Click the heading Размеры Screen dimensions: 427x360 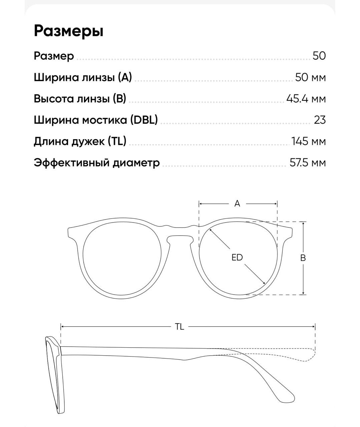[x=69, y=31]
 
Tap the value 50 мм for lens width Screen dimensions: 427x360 [x=310, y=77]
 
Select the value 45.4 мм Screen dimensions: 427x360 [x=306, y=99]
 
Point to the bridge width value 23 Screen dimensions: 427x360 [x=320, y=120]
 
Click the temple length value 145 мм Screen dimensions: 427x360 [x=308, y=141]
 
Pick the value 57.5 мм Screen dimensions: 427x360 [x=307, y=163]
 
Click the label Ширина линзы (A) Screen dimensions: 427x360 [x=83, y=77]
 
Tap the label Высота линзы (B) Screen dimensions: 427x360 [x=80, y=99]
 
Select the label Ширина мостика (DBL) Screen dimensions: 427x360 [x=96, y=120]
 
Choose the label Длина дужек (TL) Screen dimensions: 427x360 [x=80, y=141]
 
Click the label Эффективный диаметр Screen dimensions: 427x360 [x=97, y=163]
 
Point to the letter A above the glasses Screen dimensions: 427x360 [x=237, y=203]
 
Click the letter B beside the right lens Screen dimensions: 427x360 [x=303, y=258]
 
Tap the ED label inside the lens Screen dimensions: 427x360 [x=237, y=257]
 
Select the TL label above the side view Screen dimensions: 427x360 [x=179, y=327]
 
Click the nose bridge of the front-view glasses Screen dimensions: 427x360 [x=180, y=232]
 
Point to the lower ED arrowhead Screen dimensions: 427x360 [x=264, y=283]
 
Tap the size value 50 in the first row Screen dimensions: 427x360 [x=319, y=56]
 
